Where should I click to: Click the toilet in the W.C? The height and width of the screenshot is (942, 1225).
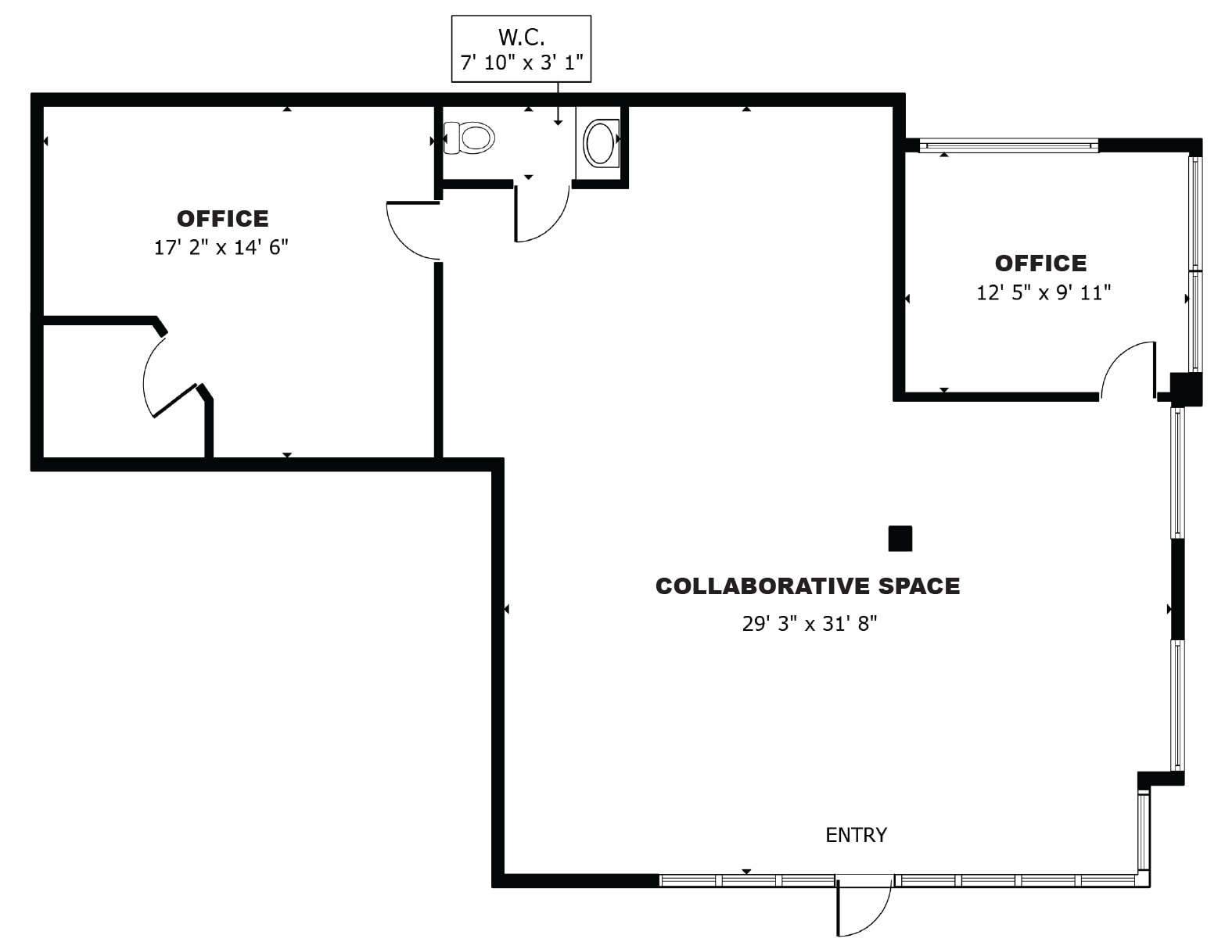tap(470, 138)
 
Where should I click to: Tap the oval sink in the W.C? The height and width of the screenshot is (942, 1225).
tap(600, 142)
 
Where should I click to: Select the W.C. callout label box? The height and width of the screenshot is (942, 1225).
tap(521, 49)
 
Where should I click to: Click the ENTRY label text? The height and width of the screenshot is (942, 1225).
tap(856, 835)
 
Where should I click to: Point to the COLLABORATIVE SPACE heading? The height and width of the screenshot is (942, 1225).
tap(807, 586)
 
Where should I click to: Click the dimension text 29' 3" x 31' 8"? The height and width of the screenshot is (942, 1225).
tap(810, 624)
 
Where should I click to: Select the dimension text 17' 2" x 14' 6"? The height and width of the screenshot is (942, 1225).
tap(221, 248)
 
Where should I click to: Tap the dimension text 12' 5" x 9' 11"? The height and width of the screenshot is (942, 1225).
tap(1044, 293)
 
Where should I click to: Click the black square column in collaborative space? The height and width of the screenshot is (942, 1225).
tap(900, 539)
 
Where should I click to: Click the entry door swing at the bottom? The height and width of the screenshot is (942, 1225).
tap(863, 908)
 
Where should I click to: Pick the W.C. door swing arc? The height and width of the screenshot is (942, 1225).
tap(543, 216)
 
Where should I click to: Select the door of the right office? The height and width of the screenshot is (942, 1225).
tap(1126, 371)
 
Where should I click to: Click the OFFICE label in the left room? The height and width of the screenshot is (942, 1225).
tap(222, 218)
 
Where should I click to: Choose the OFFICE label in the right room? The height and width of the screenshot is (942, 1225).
tap(1040, 263)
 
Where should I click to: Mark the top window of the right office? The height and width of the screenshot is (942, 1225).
tap(1008, 145)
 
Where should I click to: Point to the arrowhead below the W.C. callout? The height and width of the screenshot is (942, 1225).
tap(558, 121)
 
